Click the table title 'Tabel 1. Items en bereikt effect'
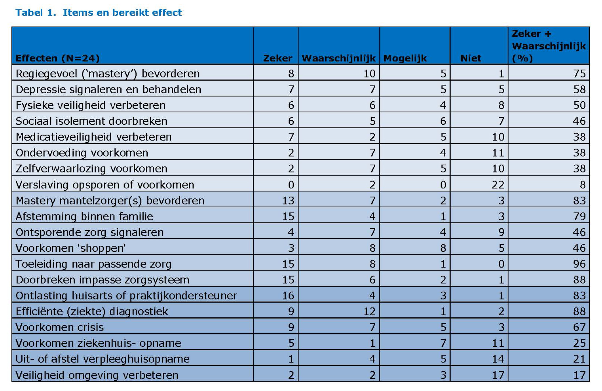[x=99, y=13]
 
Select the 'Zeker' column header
[x=277, y=58]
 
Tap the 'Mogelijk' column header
[x=405, y=58]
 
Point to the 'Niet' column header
[x=471, y=58]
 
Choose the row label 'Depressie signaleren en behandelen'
[x=108, y=89]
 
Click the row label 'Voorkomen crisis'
[x=60, y=327]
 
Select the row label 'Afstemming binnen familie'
[x=84, y=216]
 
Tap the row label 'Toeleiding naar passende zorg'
[x=93, y=264]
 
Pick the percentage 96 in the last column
[x=579, y=264]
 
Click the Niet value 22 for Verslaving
[x=498, y=185]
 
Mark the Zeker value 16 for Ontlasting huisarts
[x=288, y=295]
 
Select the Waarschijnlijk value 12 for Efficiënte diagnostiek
[x=369, y=311]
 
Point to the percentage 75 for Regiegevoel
[x=579, y=73]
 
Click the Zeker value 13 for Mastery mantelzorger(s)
[x=288, y=200]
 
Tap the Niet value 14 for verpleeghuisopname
[x=498, y=359]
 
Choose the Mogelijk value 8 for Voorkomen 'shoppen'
[x=443, y=248]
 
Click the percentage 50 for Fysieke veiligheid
[x=579, y=105]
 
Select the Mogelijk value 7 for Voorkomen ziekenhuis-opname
[x=443, y=343]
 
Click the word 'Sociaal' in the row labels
[x=33, y=121]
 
